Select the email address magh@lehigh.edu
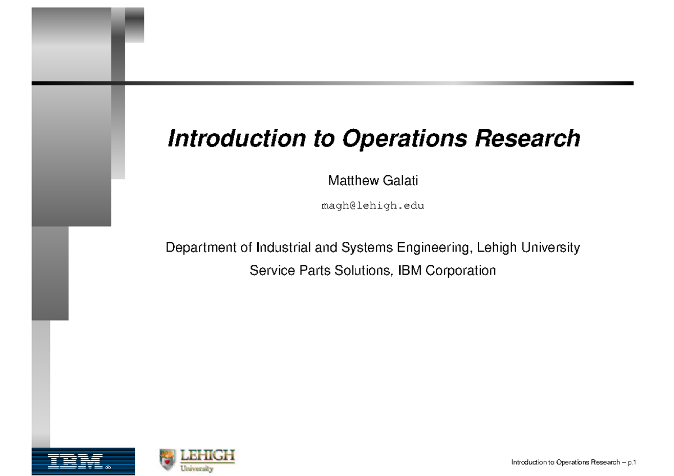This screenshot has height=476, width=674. tap(372, 205)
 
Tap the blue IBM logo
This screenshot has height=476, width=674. tap(83, 461)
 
